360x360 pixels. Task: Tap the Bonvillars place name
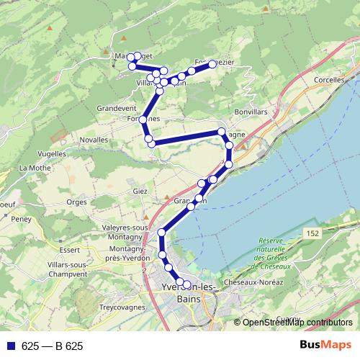click(x=251, y=114)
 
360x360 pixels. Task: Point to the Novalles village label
click(x=95, y=139)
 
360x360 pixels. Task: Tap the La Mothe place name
click(x=33, y=168)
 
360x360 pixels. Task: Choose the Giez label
click(x=140, y=191)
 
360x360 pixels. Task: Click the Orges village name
click(x=76, y=202)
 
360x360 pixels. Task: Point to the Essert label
click(x=70, y=250)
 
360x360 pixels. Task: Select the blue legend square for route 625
click(x=10, y=346)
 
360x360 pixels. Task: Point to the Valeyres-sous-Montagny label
click(x=125, y=233)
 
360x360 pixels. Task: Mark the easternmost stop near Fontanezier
click(x=212, y=64)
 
